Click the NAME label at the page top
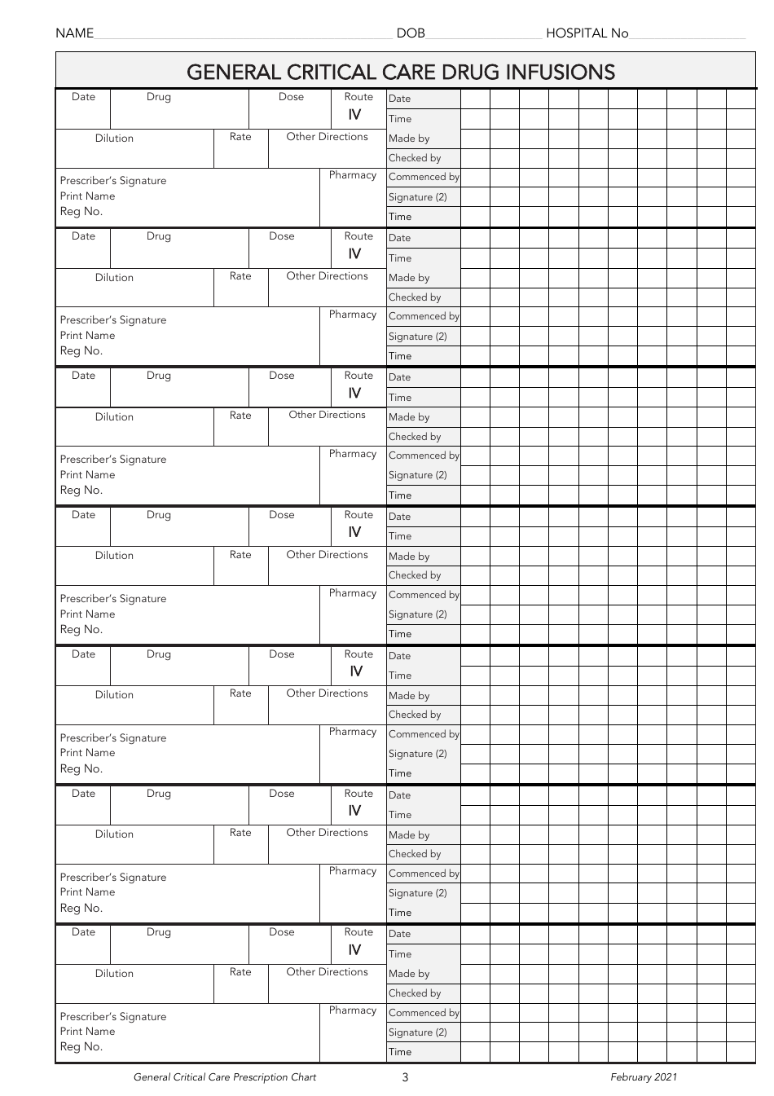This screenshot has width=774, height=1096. point(74,33)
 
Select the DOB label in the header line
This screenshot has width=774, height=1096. point(411,33)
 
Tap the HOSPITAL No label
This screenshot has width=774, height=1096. point(587,33)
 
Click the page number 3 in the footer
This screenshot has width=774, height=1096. point(405,1077)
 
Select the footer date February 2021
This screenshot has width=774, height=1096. point(644,1077)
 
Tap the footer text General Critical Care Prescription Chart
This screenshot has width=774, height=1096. point(225,1077)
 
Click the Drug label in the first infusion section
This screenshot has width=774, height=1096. point(159,97)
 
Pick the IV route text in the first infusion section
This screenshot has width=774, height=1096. point(354,115)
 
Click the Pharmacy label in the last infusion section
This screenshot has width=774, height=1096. point(353,1010)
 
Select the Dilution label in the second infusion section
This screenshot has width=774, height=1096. point(114,278)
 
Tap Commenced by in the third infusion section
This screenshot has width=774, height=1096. point(424,456)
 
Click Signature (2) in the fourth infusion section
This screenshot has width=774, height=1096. point(418,614)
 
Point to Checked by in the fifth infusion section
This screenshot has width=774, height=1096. point(415,715)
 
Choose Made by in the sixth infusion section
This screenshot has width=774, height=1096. point(409,835)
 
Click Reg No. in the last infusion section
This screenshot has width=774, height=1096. point(81,1047)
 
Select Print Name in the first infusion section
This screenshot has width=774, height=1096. point(87,196)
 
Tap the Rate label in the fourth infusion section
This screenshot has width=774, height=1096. point(240,555)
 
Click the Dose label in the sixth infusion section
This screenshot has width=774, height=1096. point(282,794)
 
